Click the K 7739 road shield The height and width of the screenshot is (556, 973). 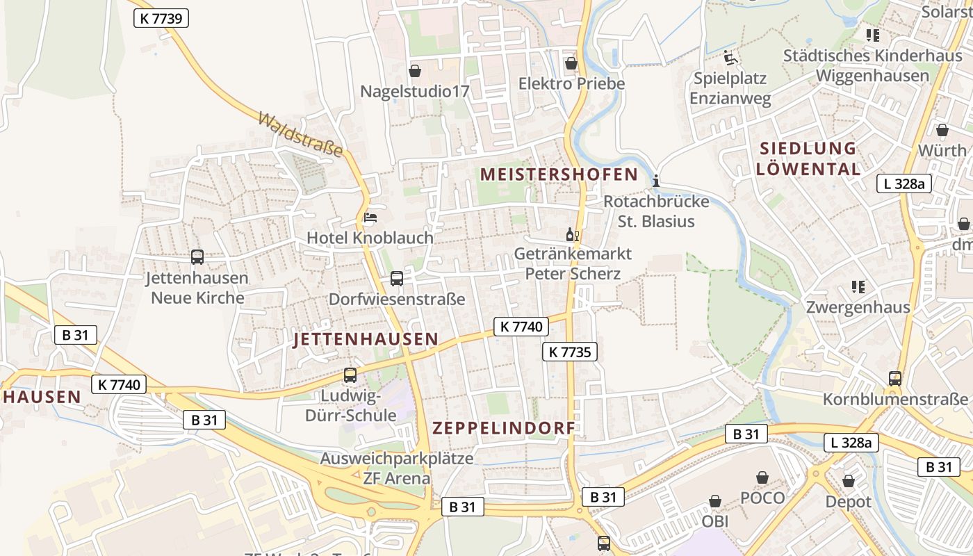pyautogui.click(x=161, y=18)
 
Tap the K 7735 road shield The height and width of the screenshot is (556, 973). pyautogui.click(x=569, y=352)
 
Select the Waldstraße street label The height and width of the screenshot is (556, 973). pyautogui.click(x=300, y=134)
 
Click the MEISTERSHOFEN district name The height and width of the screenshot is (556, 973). pyautogui.click(x=559, y=174)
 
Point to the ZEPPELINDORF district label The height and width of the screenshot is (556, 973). pyautogui.click(x=504, y=428)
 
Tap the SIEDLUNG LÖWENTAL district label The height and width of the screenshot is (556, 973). pyautogui.click(x=808, y=158)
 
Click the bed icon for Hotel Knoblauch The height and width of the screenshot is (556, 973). pyautogui.click(x=370, y=218)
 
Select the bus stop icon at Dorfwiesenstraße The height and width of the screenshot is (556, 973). pyautogui.click(x=396, y=279)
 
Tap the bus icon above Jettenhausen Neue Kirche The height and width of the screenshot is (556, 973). pyautogui.click(x=197, y=257)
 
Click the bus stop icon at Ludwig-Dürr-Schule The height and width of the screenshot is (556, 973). pyautogui.click(x=350, y=375)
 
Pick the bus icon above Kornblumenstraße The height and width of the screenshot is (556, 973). pyautogui.click(x=895, y=379)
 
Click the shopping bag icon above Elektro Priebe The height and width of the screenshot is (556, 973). pyautogui.click(x=571, y=63)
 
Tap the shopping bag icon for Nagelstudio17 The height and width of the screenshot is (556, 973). pyautogui.click(x=415, y=71)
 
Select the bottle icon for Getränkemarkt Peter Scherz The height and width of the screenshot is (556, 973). pyautogui.click(x=573, y=234)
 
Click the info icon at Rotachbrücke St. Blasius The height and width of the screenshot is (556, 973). pyautogui.click(x=656, y=181)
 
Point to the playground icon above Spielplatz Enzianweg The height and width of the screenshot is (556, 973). pyautogui.click(x=730, y=57)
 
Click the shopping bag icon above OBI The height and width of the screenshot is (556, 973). pyautogui.click(x=714, y=501)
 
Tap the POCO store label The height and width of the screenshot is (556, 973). pyautogui.click(x=762, y=498)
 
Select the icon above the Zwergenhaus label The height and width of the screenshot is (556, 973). pyautogui.click(x=858, y=286)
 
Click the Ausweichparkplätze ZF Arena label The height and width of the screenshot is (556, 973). pyautogui.click(x=396, y=468)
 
